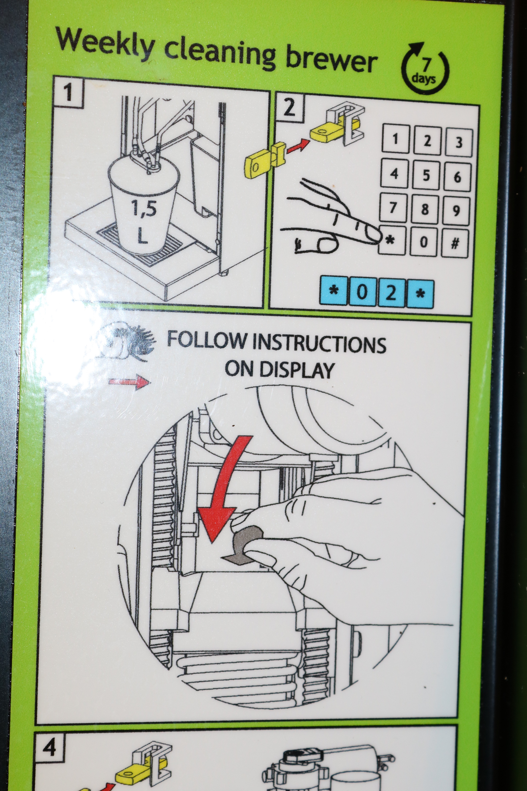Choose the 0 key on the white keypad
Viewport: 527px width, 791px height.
423,241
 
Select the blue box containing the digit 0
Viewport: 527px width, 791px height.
362,291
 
